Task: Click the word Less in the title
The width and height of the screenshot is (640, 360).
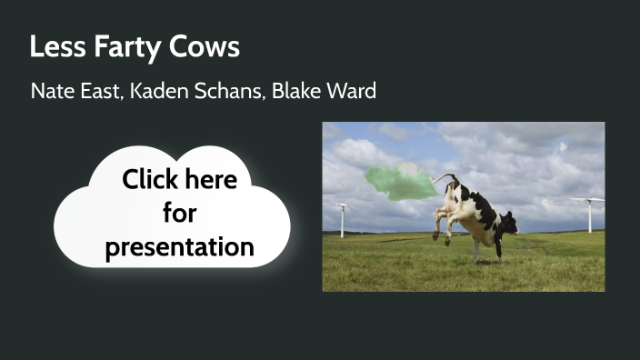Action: point(50,47)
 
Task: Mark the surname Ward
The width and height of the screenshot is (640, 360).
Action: point(355,92)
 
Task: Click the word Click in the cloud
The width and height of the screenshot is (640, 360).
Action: point(148,179)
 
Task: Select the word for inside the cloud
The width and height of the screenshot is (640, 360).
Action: point(179,213)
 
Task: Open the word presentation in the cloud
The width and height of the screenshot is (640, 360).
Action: point(179,246)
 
